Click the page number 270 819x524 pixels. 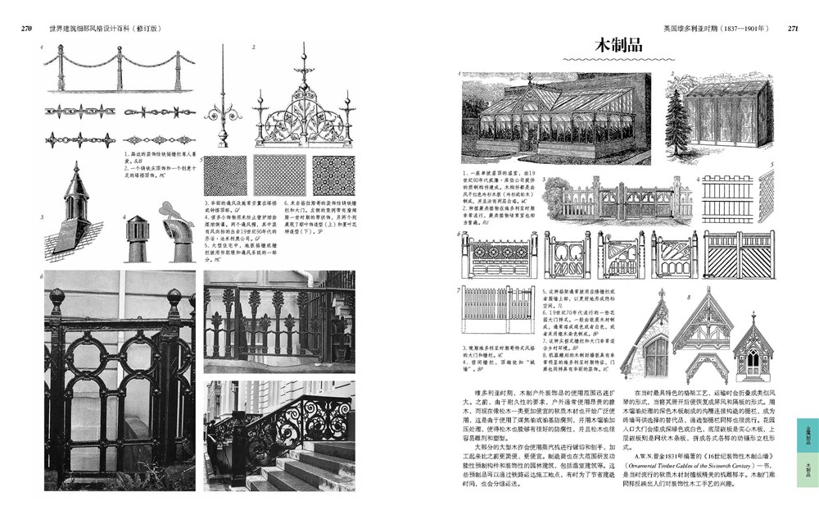(x=26, y=28)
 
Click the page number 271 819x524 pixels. (x=792, y=28)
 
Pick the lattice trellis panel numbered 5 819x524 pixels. (x=766, y=197)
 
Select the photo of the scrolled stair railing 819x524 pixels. (x=278, y=435)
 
